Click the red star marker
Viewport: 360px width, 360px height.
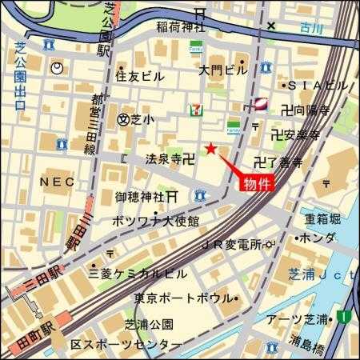[210, 148]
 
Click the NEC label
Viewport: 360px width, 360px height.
[50, 182]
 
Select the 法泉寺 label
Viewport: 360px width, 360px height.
[164, 159]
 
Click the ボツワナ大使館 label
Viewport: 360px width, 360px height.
[156, 221]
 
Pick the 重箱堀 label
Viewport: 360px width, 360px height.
[322, 218]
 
